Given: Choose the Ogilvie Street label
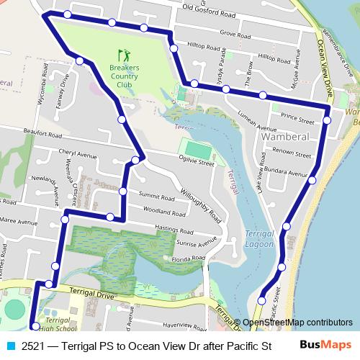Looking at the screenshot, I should click(197, 163).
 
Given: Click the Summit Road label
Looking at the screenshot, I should click(157, 196).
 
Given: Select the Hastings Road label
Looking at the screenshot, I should click(176, 230).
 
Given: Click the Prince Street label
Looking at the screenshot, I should click(297, 115).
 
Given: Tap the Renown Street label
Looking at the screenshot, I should click(292, 152).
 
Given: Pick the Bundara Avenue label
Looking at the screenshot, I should click(287, 173).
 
